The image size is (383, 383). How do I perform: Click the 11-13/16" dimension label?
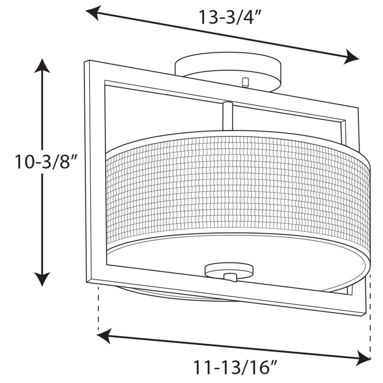[x=236, y=367]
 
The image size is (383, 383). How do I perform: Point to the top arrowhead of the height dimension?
[x=42, y=65]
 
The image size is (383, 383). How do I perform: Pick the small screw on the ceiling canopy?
[x=245, y=82]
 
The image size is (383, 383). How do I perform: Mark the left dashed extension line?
[x=98, y=307]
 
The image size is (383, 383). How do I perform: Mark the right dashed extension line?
[x=370, y=314]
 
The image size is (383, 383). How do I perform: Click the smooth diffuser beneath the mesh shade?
[x=187, y=258]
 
